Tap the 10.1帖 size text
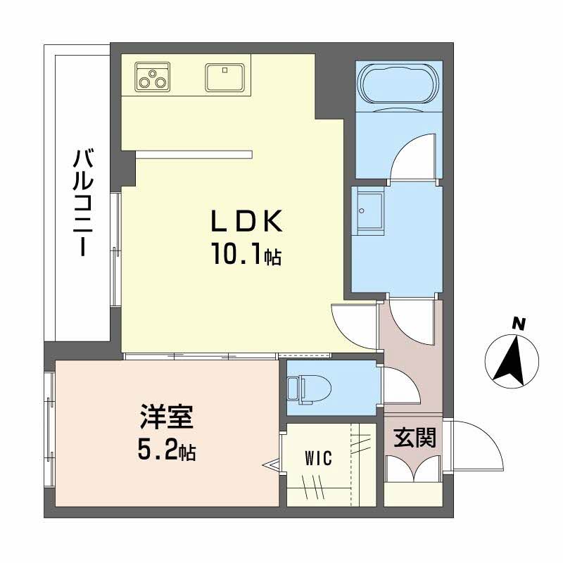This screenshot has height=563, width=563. coord(246,253)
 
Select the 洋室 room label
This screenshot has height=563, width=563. coord(167,417)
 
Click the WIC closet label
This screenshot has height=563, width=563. coord(319,458)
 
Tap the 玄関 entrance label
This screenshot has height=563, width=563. coord(415,438)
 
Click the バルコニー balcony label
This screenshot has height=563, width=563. coord(83,203)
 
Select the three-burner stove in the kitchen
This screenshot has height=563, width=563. coord(152,77)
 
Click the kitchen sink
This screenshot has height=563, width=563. coord(224,77)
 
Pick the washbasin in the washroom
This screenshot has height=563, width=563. coord(367,210)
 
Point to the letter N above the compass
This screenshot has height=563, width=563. coord(518,324)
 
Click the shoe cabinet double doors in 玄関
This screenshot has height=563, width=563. coord(414,468)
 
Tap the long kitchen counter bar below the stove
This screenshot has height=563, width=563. coord(194,154)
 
